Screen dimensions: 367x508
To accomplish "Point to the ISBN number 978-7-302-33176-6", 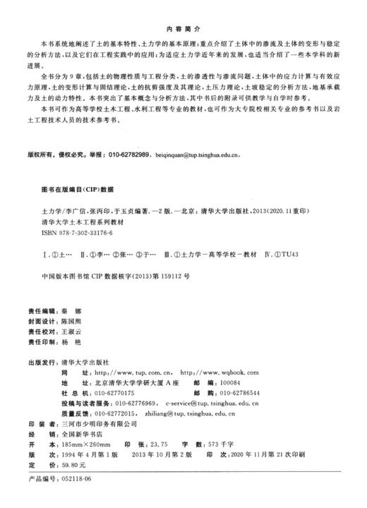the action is (x=81, y=232).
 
